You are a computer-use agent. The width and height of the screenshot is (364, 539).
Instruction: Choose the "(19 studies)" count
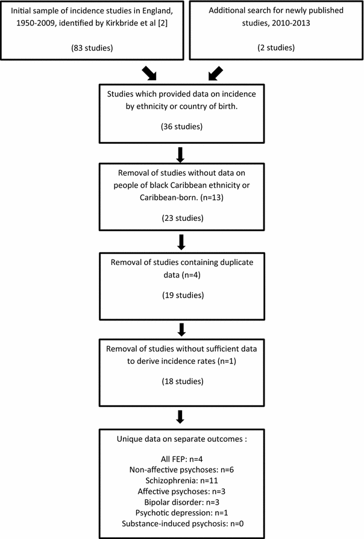click(x=181, y=296)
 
